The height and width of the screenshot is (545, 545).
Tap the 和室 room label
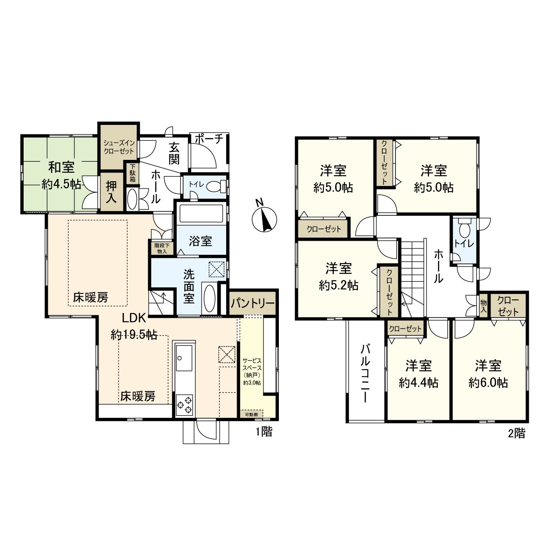(62, 167)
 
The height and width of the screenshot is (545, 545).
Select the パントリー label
(253, 302)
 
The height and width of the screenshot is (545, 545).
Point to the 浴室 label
(200, 241)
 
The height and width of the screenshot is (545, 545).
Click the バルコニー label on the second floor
(365, 374)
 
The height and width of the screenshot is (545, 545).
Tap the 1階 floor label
(263, 432)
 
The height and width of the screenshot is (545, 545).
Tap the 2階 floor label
(516, 433)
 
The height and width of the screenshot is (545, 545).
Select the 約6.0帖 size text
(488, 382)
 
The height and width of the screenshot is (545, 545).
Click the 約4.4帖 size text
(418, 383)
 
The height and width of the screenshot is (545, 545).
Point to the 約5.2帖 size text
(338, 285)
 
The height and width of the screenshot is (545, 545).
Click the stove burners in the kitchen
(184, 405)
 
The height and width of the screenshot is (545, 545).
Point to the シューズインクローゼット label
(119, 147)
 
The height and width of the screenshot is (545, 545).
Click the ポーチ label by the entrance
(208, 139)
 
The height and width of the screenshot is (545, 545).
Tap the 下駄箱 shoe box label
(132, 173)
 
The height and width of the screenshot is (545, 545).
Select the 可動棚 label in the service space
(251, 414)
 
